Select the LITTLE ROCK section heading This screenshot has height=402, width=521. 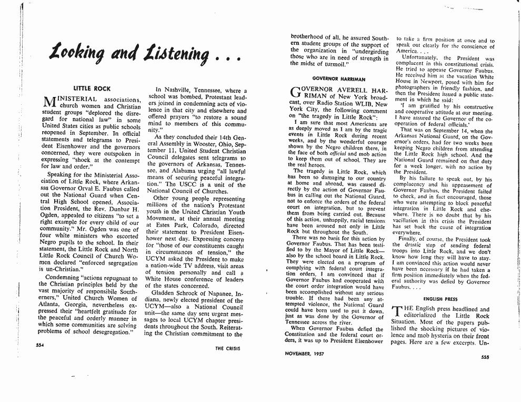pyautogui.click(x=92, y=89)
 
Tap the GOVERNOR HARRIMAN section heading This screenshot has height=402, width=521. pyautogui.click(x=331, y=79)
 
